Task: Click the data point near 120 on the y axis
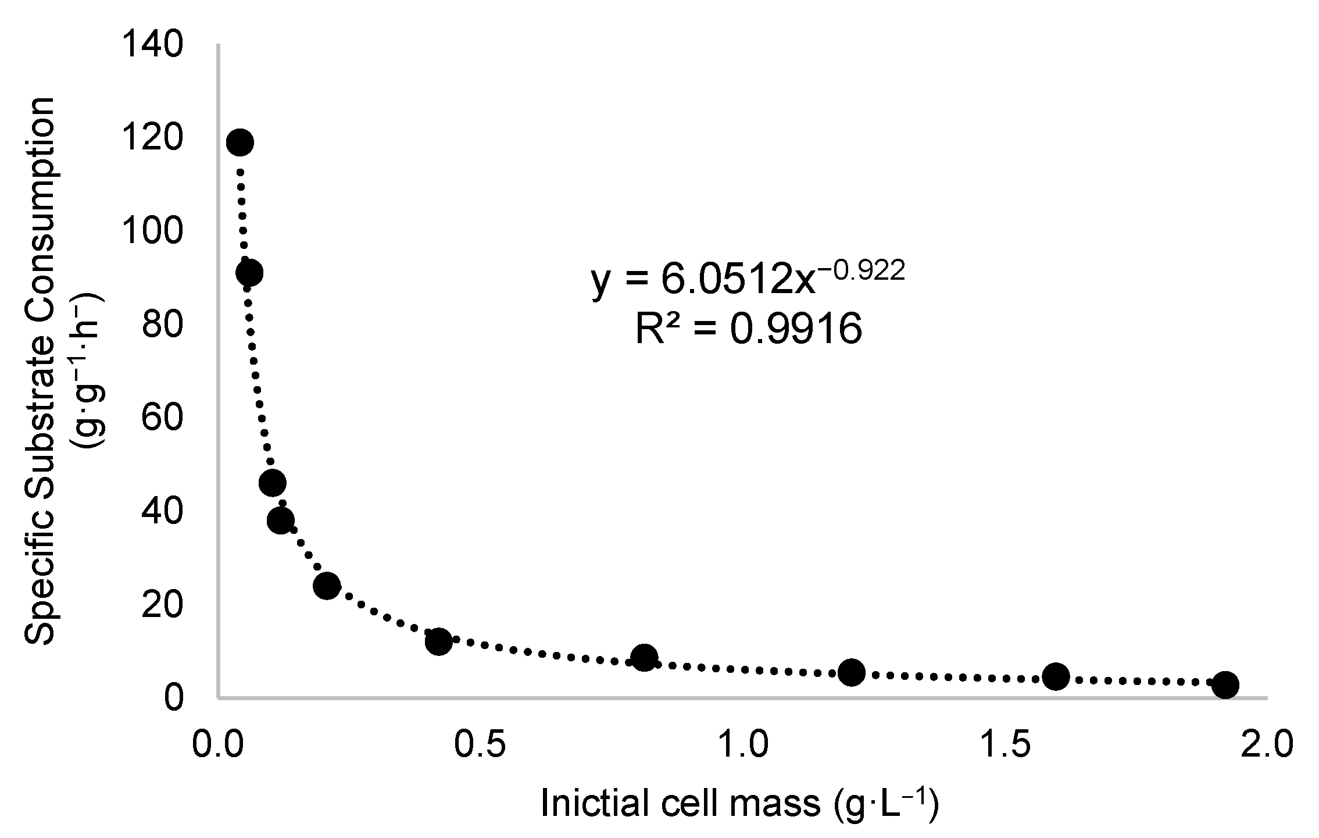pyautogui.click(x=240, y=142)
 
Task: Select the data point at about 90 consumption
pyautogui.click(x=248, y=272)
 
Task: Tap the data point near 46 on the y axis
pyautogui.click(x=272, y=482)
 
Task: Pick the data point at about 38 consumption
pyautogui.click(x=281, y=520)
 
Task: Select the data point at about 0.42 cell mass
pyautogui.click(x=438, y=641)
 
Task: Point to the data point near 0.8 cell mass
pyautogui.click(x=644, y=657)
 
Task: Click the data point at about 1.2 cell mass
pyautogui.click(x=852, y=672)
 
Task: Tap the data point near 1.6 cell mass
pyautogui.click(x=1056, y=676)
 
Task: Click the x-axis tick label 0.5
pyautogui.click(x=479, y=746)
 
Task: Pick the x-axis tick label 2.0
pyautogui.click(x=1266, y=746)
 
